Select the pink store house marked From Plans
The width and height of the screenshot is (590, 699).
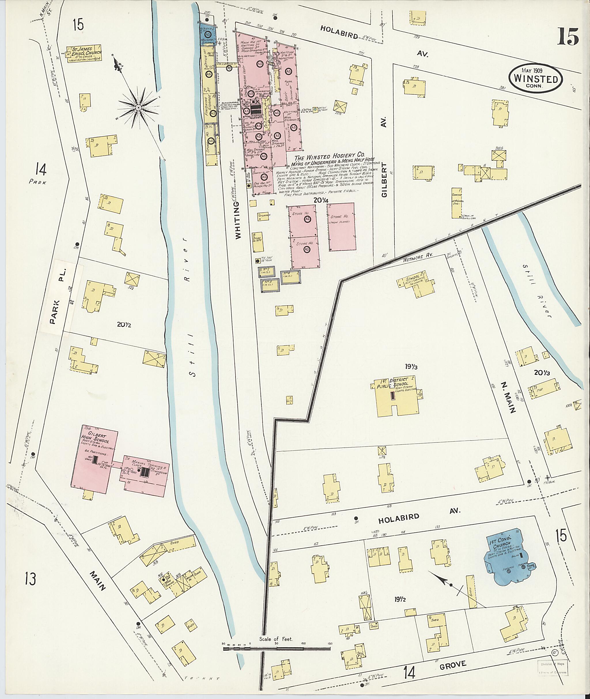point(341,226)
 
